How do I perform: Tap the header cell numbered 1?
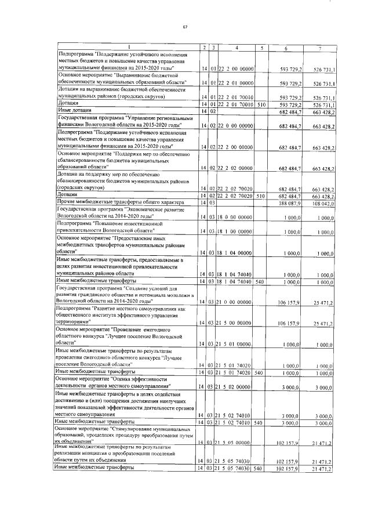127,48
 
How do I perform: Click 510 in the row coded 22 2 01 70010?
261,104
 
